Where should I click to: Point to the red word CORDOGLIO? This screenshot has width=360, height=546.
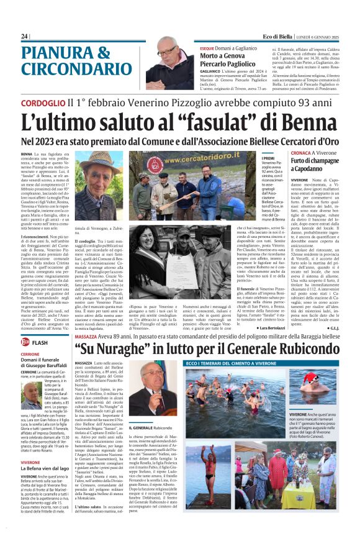43,102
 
